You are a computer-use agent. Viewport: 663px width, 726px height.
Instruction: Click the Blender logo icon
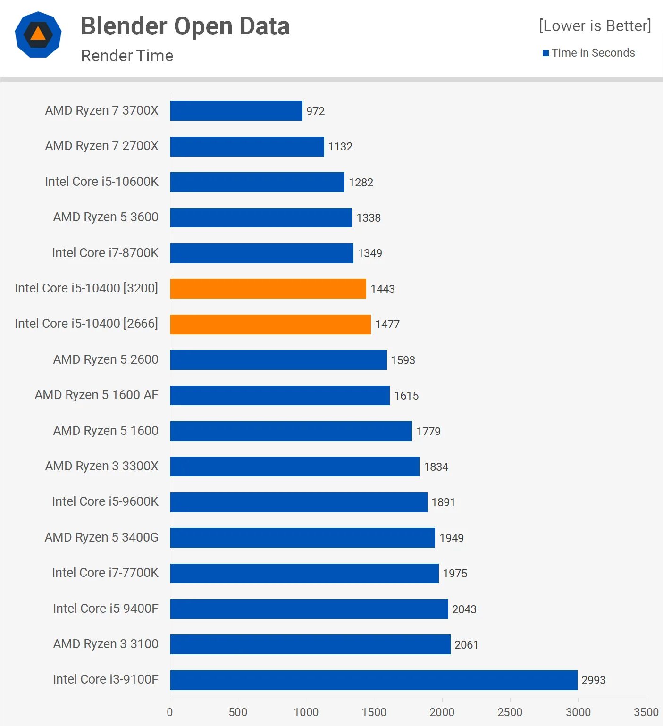38,34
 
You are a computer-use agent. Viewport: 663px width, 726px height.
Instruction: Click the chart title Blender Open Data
185,26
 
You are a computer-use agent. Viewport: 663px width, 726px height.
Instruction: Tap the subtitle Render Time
127,56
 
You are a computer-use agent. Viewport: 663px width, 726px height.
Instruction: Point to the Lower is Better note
595,25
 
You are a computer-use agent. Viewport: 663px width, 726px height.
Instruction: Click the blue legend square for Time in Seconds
546,53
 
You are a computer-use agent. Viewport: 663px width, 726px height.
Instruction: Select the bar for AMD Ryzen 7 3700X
236,111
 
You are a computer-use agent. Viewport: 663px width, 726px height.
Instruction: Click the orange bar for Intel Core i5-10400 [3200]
268,289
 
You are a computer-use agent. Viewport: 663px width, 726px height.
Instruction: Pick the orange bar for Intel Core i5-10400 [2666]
270,325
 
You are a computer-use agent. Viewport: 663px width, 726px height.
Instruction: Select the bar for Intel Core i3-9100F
374,680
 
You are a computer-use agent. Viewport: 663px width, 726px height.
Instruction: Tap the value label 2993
593,680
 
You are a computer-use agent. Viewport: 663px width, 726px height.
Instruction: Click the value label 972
315,111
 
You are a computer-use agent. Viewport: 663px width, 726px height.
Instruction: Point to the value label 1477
387,325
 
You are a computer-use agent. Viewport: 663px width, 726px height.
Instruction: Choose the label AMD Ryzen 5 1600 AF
96,395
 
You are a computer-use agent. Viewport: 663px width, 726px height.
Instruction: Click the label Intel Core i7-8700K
105,253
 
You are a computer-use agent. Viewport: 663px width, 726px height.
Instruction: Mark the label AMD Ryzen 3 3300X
101,466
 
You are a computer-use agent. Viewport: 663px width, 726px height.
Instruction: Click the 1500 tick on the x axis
374,712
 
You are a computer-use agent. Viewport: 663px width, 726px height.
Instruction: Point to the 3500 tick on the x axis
646,712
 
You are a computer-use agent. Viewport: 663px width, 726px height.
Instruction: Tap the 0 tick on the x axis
170,712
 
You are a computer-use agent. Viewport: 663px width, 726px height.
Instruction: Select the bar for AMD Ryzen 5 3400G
302,538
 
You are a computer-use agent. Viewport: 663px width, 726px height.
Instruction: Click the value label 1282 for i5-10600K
361,183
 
